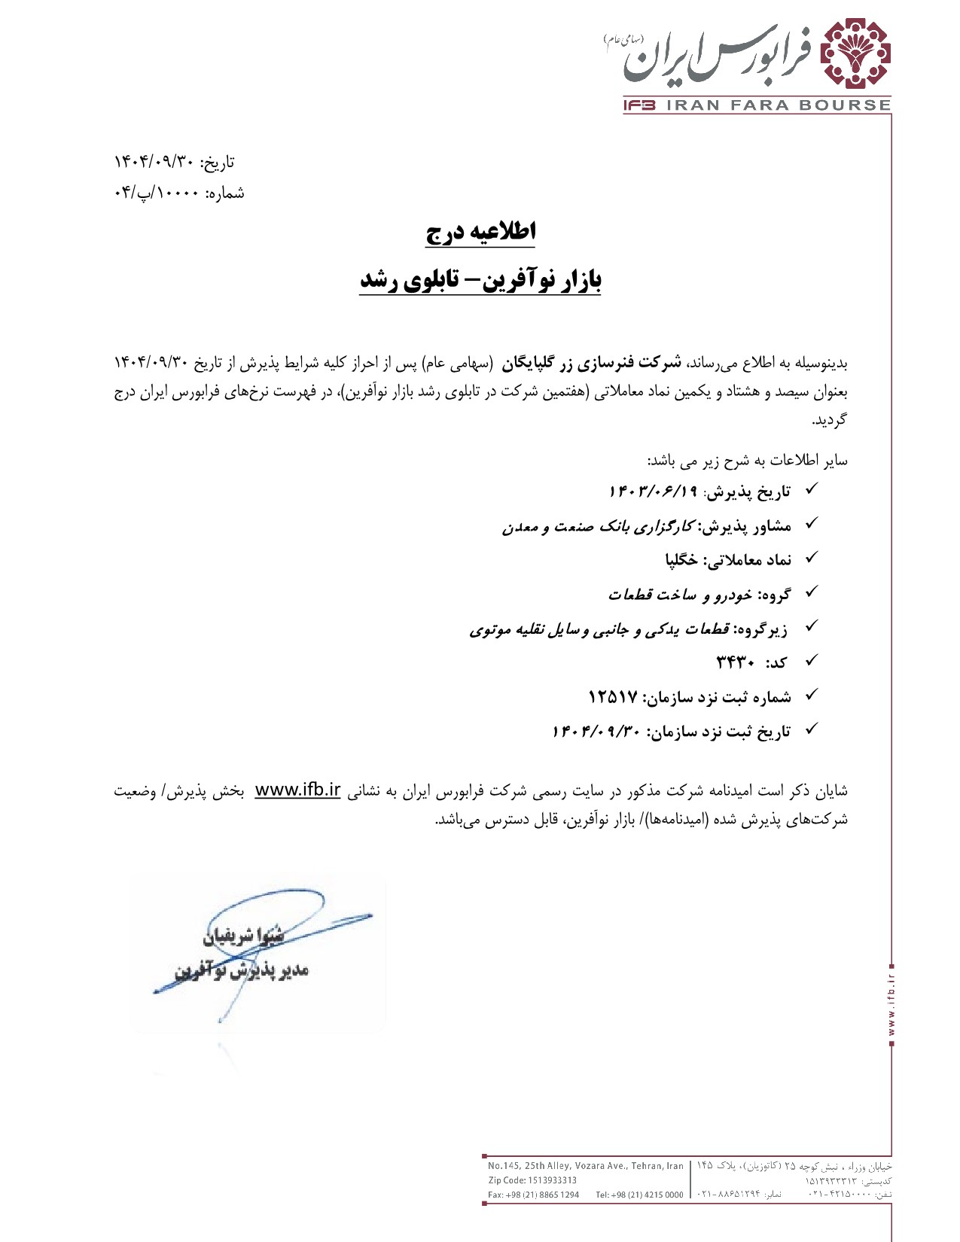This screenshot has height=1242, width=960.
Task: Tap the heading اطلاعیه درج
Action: [x=480, y=232]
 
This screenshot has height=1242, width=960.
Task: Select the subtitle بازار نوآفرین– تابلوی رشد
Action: [x=480, y=280]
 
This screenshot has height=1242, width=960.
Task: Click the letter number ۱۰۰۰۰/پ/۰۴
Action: [x=157, y=193]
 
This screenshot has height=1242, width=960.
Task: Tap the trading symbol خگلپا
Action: [x=681, y=559]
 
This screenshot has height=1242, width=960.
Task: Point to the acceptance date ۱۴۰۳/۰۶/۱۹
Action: [x=654, y=492]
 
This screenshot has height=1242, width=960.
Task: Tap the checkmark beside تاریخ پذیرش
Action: [x=812, y=490]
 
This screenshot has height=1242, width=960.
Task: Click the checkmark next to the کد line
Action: [x=812, y=662]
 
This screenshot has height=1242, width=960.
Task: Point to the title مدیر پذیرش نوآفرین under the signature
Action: [x=241, y=971]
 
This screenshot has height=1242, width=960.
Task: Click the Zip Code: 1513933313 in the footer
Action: [x=532, y=1180]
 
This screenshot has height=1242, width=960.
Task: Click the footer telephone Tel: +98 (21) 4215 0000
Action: [x=639, y=1195]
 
